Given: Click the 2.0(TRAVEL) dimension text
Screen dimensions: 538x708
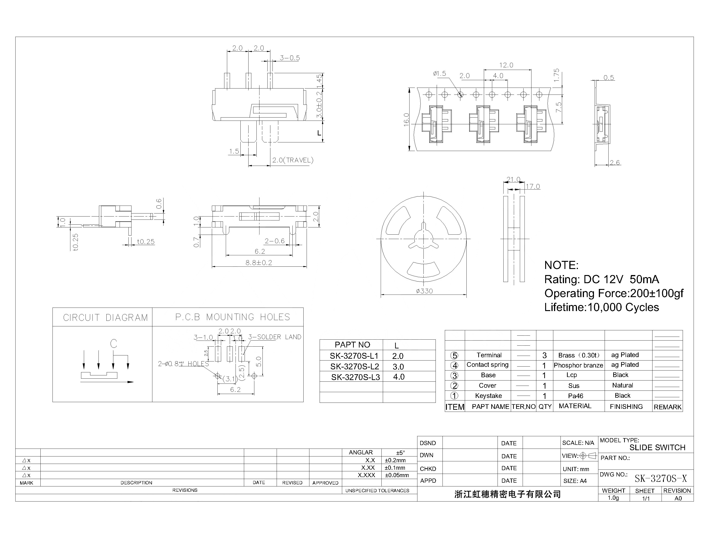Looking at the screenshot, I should (x=292, y=160).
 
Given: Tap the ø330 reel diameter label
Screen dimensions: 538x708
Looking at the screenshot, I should (x=424, y=291).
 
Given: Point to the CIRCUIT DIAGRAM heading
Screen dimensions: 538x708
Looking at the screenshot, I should (x=105, y=318).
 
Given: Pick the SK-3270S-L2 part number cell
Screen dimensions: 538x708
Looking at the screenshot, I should (x=354, y=367).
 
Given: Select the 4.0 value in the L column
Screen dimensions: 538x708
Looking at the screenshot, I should (x=399, y=377).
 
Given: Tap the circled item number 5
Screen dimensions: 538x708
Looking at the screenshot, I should (x=454, y=355).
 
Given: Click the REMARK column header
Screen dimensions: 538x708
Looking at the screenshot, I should (x=667, y=407).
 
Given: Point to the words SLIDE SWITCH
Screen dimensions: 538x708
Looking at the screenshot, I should (x=657, y=448).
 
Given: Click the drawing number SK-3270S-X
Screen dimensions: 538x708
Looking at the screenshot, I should (x=661, y=479).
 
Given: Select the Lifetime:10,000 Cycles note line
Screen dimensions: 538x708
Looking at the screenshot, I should (x=601, y=307).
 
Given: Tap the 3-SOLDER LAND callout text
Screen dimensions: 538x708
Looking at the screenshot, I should (x=275, y=337).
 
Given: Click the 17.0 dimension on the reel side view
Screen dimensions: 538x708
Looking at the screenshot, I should (x=533, y=186).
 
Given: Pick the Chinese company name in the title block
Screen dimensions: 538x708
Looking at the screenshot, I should (x=508, y=494).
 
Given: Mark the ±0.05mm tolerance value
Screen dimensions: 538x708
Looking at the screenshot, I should (x=397, y=475).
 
